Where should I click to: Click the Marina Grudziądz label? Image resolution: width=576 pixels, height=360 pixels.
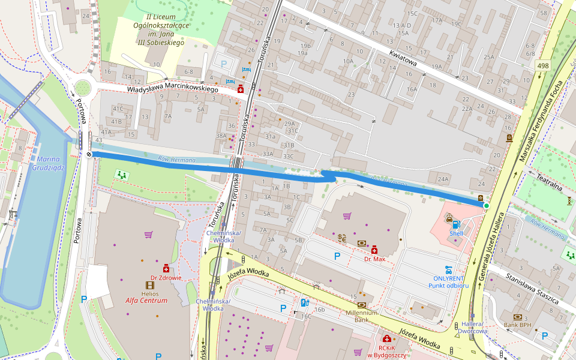click(x=50, y=163)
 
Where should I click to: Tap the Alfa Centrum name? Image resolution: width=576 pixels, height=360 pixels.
click(x=146, y=301)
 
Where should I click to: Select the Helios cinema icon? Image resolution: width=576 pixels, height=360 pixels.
click(x=150, y=285)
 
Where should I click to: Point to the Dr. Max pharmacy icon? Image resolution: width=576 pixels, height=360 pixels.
click(x=374, y=250)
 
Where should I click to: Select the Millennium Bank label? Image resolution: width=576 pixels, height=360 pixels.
click(x=361, y=316)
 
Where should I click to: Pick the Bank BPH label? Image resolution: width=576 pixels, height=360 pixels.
click(x=518, y=325)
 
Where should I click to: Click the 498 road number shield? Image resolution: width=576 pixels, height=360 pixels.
click(x=543, y=65)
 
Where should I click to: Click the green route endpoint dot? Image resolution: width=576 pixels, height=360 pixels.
click(x=486, y=206)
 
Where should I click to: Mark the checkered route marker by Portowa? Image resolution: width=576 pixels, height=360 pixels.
click(x=89, y=154)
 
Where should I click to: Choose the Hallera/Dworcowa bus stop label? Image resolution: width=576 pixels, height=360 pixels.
click(x=472, y=327)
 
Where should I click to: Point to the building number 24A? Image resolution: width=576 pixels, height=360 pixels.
click(x=443, y=179)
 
